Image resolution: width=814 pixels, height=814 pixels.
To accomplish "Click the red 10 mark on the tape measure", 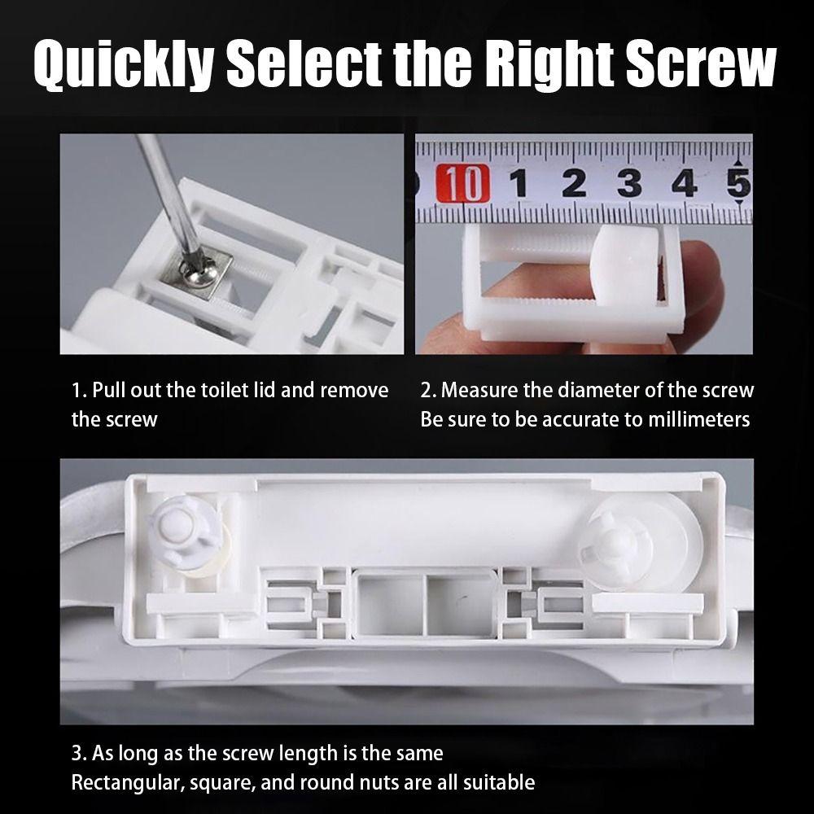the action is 462,183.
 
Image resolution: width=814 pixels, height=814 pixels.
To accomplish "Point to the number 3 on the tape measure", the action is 630,184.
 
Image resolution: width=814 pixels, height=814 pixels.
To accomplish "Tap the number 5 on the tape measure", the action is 739,183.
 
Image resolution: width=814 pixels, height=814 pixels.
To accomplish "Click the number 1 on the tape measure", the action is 518,184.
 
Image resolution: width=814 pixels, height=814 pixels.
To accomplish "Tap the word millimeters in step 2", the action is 698,419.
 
